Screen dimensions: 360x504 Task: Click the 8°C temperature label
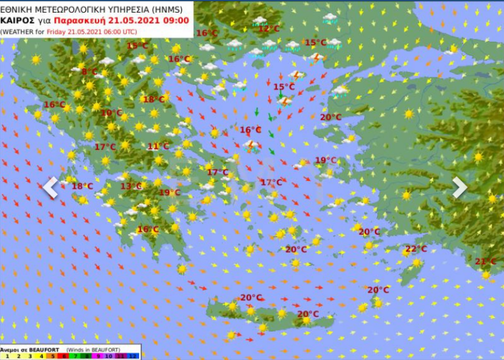pyautogui.click(x=89, y=72)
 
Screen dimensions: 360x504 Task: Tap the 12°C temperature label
pyautogui.click(x=269, y=29)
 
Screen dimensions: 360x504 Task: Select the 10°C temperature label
pyautogui.click(x=112, y=113)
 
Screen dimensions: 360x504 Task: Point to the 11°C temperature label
pyautogui.click(x=158, y=146)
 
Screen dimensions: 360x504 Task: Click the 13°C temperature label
pyautogui.click(x=131, y=186)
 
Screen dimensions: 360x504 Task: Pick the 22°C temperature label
pyautogui.click(x=416, y=248)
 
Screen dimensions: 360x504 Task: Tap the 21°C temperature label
pyautogui.click(x=485, y=262)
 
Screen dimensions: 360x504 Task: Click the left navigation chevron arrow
pyautogui.click(x=50, y=187)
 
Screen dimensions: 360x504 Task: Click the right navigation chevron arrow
pyautogui.click(x=460, y=187)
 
